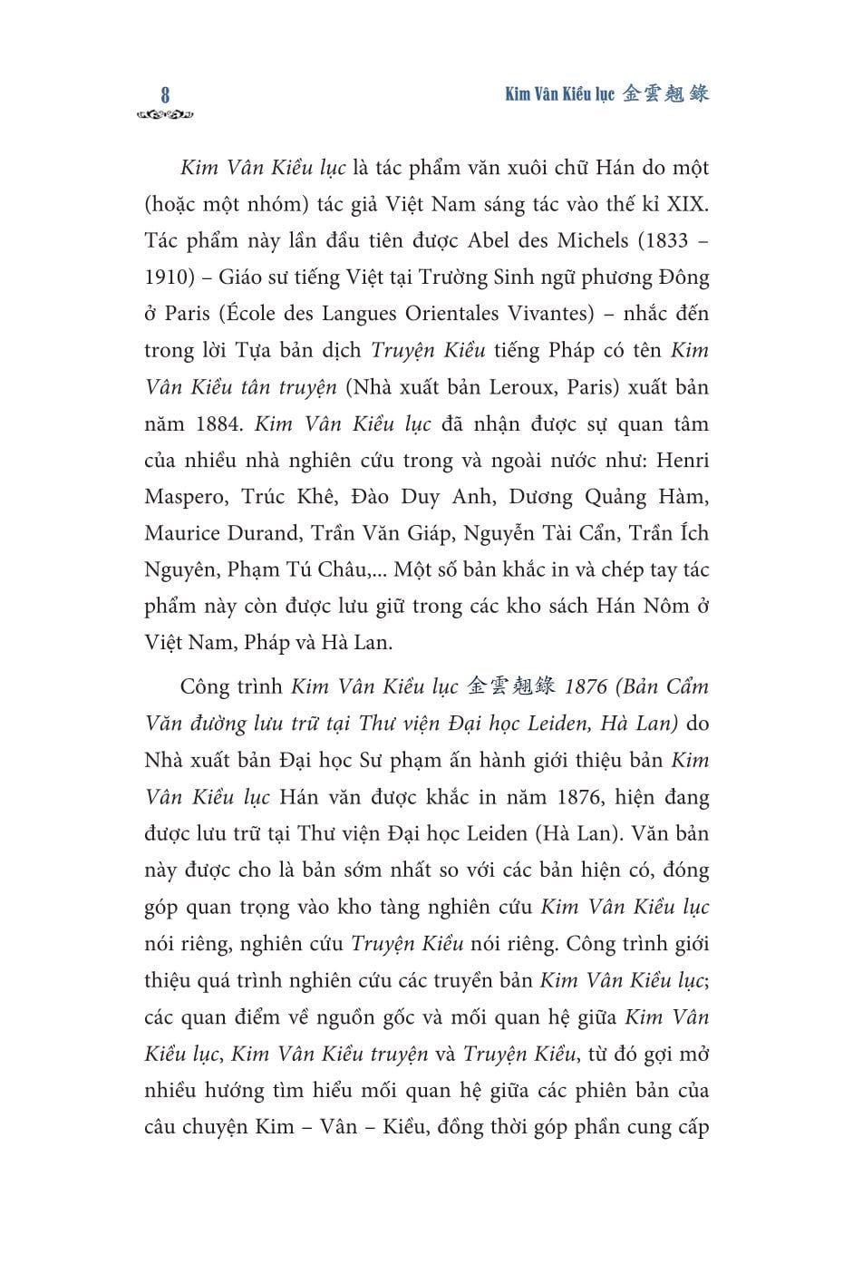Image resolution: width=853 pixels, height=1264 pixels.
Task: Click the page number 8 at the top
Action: tap(165, 94)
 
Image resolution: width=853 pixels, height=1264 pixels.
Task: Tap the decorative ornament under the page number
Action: tap(165, 115)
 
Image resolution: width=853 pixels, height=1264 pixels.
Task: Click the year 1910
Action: tap(169, 277)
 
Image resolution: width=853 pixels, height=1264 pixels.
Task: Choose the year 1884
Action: tap(218, 423)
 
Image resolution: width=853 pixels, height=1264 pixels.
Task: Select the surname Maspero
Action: tap(180, 497)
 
